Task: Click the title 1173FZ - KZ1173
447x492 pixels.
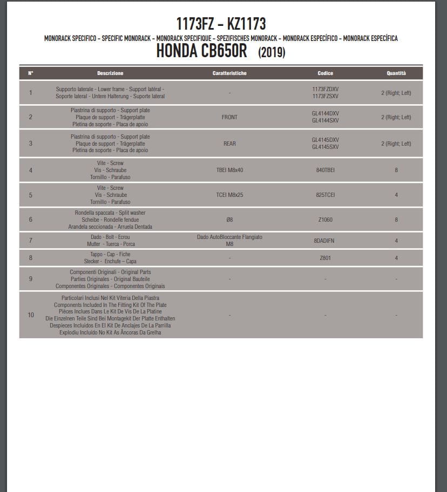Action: pos(221,24)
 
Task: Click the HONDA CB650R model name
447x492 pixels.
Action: pos(201,51)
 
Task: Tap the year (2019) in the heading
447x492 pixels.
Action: pos(272,52)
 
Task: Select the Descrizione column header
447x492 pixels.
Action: pos(110,73)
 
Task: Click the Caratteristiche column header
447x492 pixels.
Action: pos(229,73)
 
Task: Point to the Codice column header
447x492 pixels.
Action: pos(325,73)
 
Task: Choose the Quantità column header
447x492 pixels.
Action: pos(396,73)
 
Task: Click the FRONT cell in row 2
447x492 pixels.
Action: pos(229,117)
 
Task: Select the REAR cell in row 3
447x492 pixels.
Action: pos(229,143)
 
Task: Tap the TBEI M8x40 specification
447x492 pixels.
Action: pos(229,170)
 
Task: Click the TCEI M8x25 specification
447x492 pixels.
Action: pos(229,195)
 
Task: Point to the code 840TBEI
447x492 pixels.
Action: pos(325,170)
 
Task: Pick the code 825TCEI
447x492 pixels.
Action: pos(325,195)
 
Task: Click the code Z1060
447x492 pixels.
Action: pos(325,220)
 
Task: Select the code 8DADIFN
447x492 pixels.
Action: pos(325,241)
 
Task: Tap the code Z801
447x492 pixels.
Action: pos(325,258)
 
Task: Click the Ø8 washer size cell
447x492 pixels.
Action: pos(229,220)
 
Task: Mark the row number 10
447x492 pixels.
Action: pos(31,315)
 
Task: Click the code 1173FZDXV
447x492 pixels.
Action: pos(325,89)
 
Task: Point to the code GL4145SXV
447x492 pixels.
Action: pos(325,147)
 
